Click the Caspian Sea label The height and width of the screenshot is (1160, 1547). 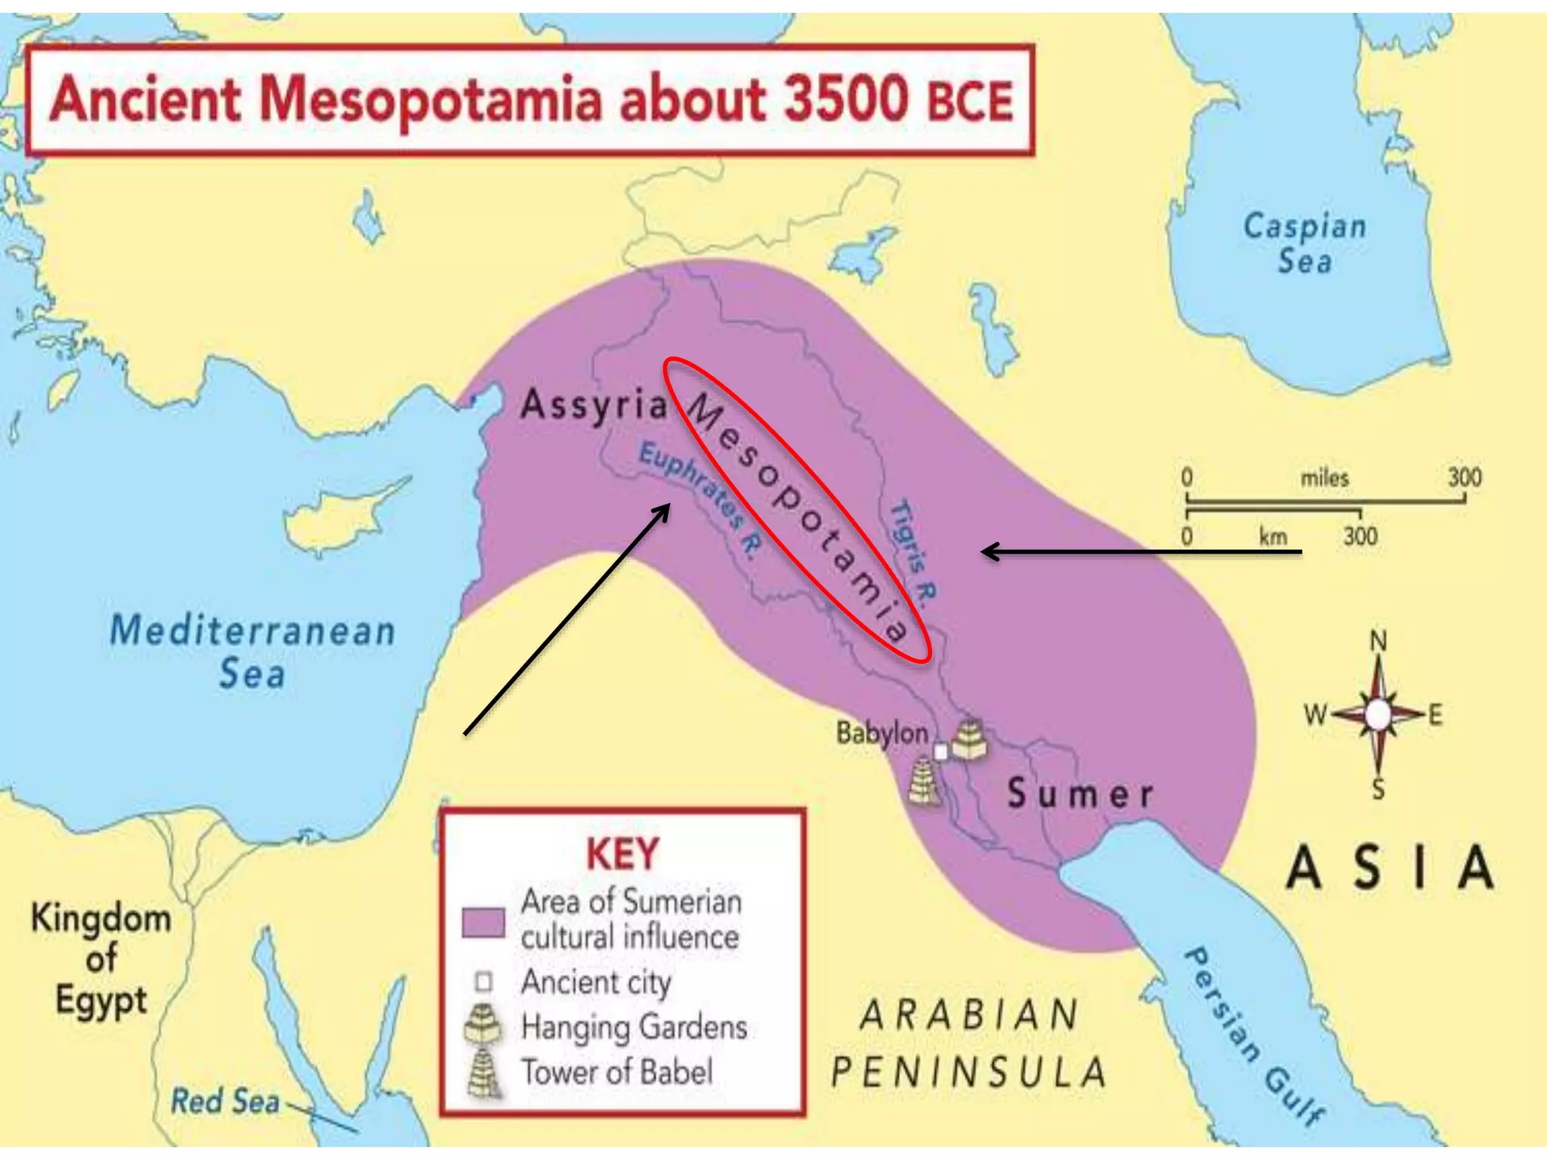1305,243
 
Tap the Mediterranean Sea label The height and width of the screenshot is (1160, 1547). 252,651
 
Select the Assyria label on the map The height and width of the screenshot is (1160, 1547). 594,406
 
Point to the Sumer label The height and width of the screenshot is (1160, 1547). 1080,794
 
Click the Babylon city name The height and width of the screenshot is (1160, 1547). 882,733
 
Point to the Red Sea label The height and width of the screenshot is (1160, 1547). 225,1100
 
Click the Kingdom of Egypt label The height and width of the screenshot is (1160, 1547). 101,959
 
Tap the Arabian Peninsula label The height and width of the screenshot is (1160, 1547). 969,1043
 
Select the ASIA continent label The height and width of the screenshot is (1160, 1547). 1390,868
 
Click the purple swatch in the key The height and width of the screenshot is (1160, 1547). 483,922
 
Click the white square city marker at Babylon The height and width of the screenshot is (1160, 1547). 940,752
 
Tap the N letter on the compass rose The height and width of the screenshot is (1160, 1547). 1379,641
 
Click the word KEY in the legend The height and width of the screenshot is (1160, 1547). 622,854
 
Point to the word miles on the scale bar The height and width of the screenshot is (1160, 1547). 1324,477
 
